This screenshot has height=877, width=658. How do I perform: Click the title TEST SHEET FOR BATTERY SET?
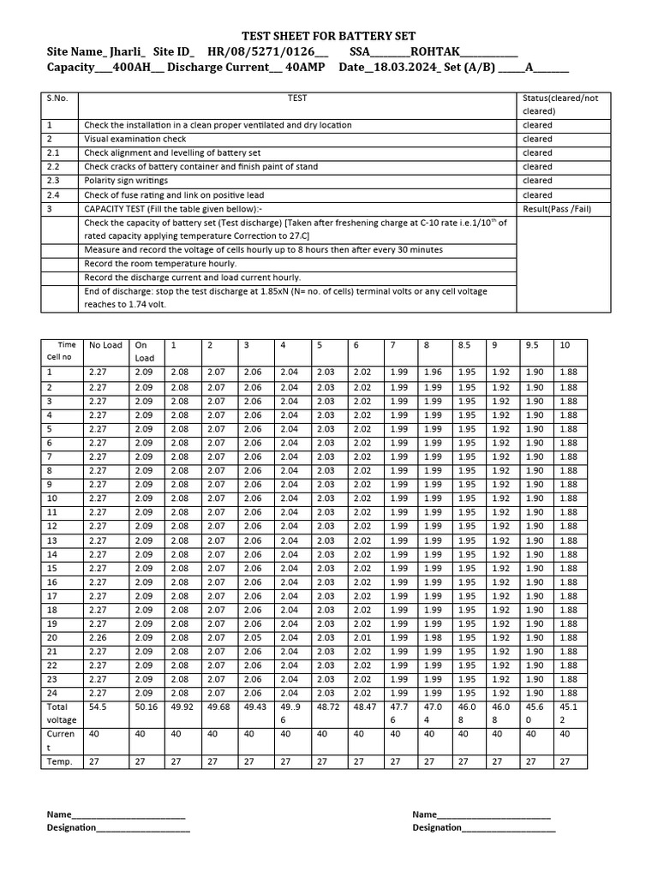[x=329, y=36]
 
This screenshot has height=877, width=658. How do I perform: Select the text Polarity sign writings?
[x=125, y=181]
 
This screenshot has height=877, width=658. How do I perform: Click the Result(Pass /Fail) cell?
[x=556, y=209]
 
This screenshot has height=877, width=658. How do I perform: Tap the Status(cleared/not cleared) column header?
[x=560, y=104]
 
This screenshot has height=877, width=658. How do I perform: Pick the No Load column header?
[x=105, y=345]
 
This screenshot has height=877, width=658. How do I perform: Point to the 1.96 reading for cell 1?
[x=433, y=373]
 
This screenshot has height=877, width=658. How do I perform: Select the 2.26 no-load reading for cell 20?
[x=98, y=637]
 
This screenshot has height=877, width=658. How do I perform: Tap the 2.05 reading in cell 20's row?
[x=253, y=637]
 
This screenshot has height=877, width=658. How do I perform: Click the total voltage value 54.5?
[x=98, y=707]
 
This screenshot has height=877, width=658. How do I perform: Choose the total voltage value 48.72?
[x=328, y=707]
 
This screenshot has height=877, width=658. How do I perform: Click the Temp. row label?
[x=59, y=761]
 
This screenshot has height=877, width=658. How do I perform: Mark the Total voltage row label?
[x=61, y=713]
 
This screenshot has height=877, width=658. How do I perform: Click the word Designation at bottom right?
[x=436, y=827]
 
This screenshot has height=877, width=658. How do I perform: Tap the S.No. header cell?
[x=57, y=98]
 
